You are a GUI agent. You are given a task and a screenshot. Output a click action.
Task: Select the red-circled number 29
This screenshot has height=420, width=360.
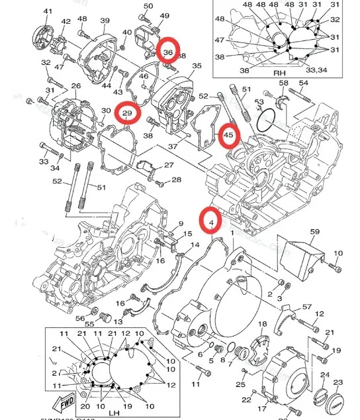[x=128, y=115]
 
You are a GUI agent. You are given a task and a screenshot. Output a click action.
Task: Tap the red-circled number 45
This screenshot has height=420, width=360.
[x=228, y=136]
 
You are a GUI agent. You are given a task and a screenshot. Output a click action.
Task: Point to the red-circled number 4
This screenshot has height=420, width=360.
[x=211, y=223]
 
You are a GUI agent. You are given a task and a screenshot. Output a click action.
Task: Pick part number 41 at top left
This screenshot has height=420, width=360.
[x=48, y=12]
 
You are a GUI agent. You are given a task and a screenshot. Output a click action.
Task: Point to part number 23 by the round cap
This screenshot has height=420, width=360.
[x=338, y=382]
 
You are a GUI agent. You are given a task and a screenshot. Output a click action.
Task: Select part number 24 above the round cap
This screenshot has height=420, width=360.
[x=324, y=376]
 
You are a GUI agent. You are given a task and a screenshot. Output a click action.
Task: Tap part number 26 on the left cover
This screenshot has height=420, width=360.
[x=75, y=86]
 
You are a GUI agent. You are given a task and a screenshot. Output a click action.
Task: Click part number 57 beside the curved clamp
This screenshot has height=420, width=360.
[x=306, y=307]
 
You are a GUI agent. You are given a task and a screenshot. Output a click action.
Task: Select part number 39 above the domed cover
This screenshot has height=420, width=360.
[x=105, y=21]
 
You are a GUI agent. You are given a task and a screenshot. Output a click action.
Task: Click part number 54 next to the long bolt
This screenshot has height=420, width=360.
[x=303, y=83]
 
